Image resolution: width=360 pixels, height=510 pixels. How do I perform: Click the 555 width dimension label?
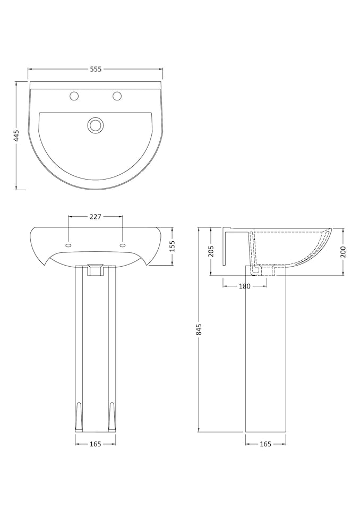[x=96, y=69]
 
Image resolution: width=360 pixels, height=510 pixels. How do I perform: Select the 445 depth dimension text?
[x=17, y=135]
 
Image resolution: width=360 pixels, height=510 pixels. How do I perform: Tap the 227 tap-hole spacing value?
[x=96, y=217]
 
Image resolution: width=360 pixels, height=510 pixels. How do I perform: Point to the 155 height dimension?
[x=172, y=247]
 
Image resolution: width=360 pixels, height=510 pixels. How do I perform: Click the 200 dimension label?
[x=342, y=252]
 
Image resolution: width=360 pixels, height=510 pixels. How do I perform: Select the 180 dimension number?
[x=245, y=286]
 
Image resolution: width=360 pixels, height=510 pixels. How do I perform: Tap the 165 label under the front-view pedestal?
[x=96, y=444]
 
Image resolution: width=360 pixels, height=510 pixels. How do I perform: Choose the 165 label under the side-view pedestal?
[x=265, y=444]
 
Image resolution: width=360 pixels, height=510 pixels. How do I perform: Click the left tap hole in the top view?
[x=75, y=96]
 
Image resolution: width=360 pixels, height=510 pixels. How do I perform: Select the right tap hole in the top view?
[x=117, y=96]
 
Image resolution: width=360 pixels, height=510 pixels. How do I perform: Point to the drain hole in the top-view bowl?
[x=96, y=125]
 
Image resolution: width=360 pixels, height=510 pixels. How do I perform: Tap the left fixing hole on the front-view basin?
[x=68, y=245]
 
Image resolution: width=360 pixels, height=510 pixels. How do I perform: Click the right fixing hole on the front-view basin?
[x=123, y=245]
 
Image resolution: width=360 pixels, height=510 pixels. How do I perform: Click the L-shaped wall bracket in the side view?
[x=227, y=244]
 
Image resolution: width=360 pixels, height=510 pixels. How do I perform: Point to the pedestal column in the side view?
[x=265, y=351]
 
